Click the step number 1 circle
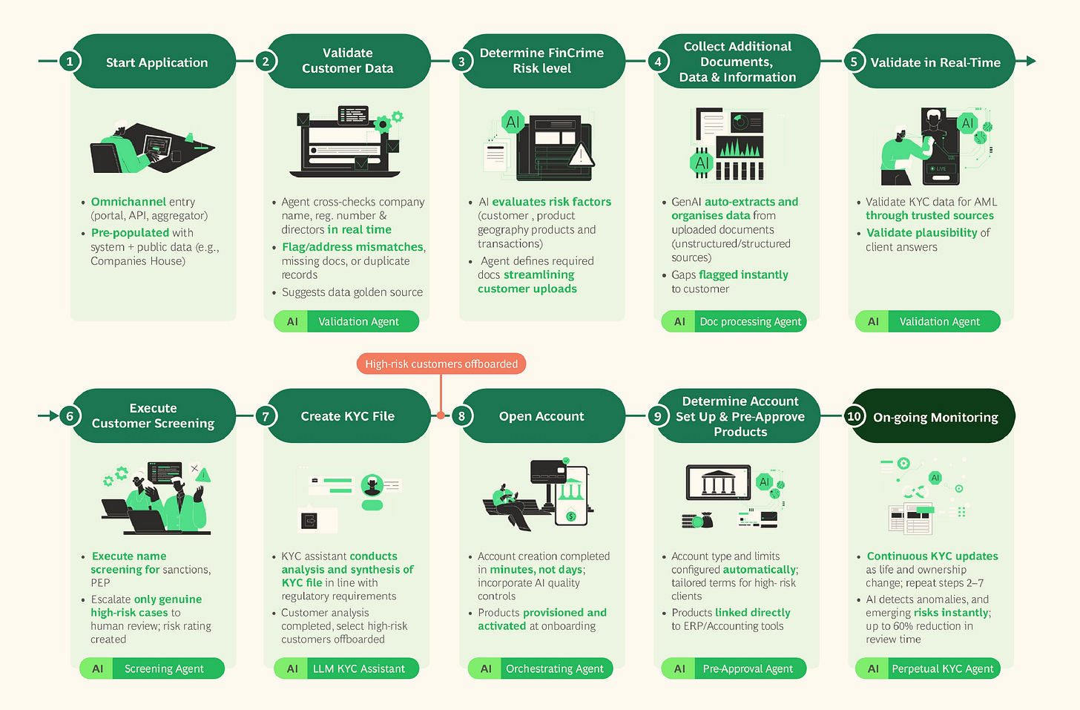tap(70, 62)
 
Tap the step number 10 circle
tap(854, 416)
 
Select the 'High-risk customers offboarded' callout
tap(441, 364)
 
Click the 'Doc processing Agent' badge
tap(734, 321)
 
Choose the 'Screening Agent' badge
tap(152, 668)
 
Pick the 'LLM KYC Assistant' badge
tap(346, 668)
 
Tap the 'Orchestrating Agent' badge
tap(541, 668)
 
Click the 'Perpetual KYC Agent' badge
tap(928, 668)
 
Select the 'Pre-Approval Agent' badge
tap(734, 668)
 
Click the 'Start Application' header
tap(157, 62)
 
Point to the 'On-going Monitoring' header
tap(935, 417)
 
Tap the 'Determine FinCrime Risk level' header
tap(541, 61)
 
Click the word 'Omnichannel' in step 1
tap(128, 202)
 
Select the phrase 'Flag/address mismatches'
tap(352, 247)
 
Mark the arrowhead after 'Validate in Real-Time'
tap(1030, 61)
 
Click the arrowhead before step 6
tap(53, 415)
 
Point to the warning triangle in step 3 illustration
tap(581, 155)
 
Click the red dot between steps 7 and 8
tap(441, 415)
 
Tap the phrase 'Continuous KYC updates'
tap(932, 556)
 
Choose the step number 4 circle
tap(657, 62)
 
